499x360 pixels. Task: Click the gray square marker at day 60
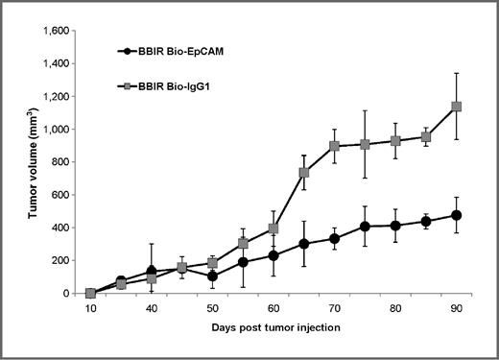pos(273,228)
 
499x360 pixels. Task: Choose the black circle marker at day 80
pos(395,226)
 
